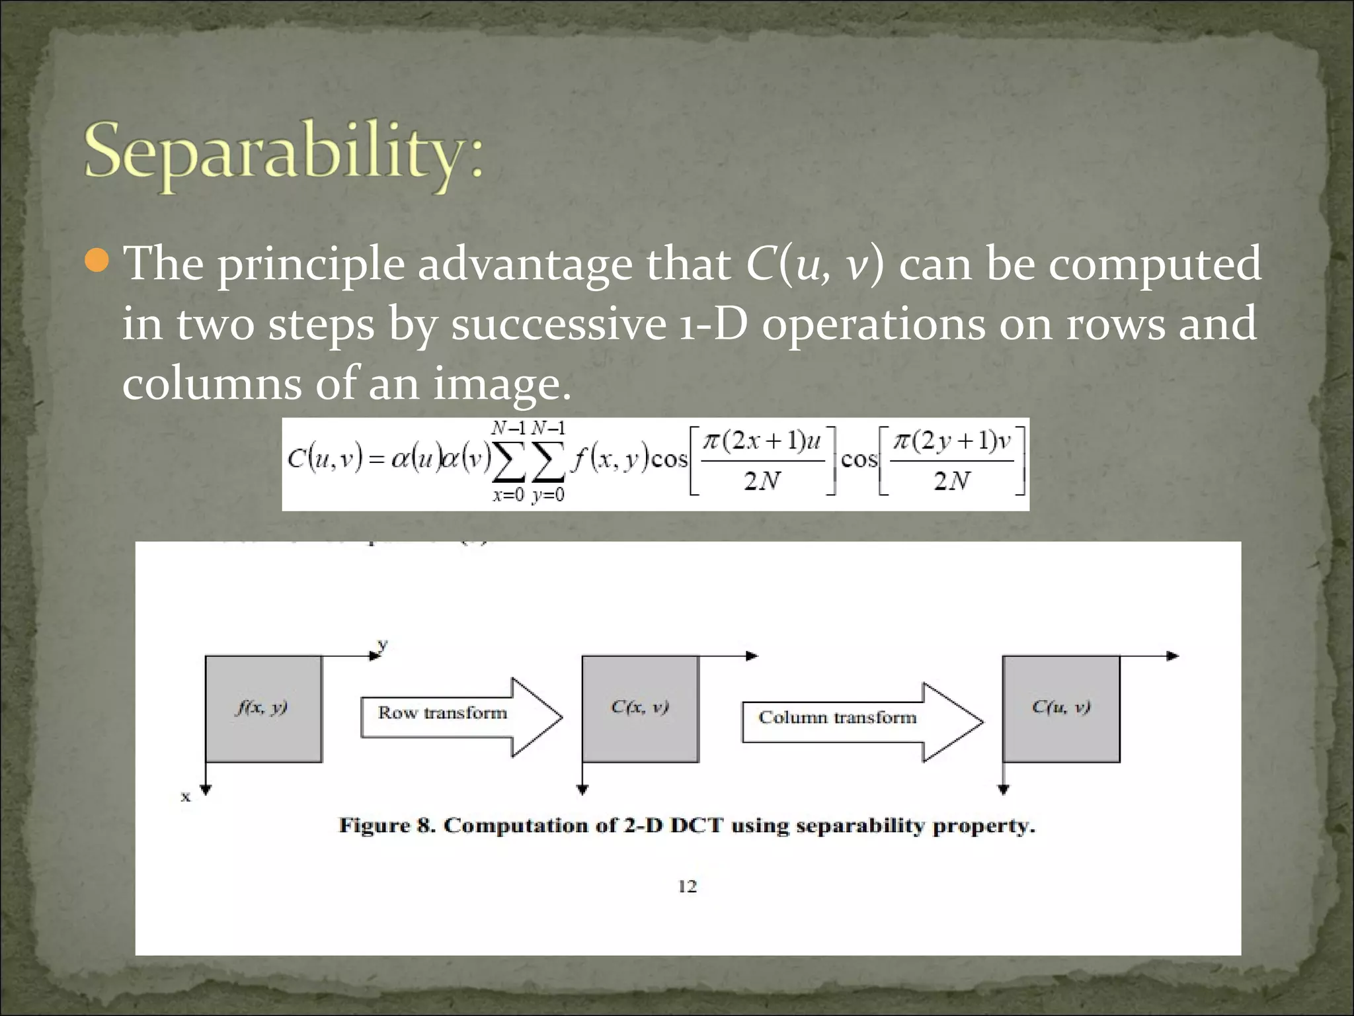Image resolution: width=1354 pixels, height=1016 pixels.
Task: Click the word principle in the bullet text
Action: [x=311, y=265]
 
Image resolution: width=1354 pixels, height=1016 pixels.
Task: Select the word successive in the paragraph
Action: [x=559, y=324]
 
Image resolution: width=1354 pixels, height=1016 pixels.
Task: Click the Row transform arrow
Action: [x=460, y=716]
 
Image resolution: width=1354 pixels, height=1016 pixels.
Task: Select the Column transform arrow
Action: [x=859, y=721]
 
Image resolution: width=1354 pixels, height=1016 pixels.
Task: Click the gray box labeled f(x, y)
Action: [x=263, y=708]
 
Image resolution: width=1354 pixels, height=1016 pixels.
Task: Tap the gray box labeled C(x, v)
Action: [x=639, y=708]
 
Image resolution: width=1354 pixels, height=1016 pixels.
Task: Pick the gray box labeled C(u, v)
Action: [x=1060, y=708]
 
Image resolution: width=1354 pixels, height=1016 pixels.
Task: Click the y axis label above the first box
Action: [x=383, y=644]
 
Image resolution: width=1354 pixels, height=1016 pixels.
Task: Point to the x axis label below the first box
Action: [x=186, y=796]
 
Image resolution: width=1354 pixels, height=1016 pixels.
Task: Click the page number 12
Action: [x=688, y=886]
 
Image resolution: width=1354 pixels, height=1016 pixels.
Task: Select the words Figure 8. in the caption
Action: [x=387, y=826]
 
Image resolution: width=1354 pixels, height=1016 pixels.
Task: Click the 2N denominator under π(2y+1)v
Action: [x=952, y=481]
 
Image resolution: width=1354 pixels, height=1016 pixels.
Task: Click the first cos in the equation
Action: [x=670, y=458]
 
